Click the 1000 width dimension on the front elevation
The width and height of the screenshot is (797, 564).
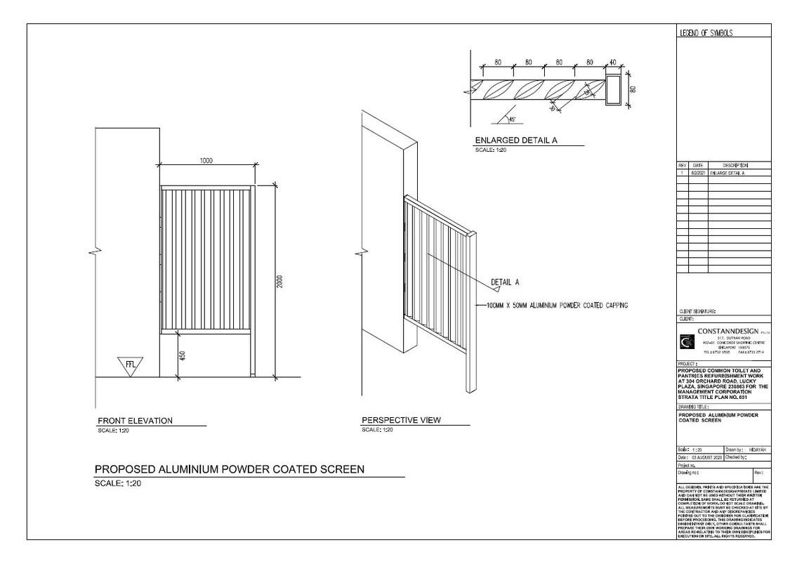coord(206,161)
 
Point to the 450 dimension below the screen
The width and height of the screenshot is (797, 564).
coord(183,355)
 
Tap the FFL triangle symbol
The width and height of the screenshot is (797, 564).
coord(131,365)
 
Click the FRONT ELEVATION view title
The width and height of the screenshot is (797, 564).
coord(135,421)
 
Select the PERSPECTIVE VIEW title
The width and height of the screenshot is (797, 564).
coord(401,420)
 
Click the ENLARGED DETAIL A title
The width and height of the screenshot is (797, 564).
coord(516,140)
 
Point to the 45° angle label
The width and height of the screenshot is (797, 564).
coord(511,119)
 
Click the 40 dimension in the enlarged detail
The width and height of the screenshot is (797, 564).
coord(612,63)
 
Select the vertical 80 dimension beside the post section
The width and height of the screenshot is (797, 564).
coord(633,89)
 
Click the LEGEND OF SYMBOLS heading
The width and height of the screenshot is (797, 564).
coord(706,32)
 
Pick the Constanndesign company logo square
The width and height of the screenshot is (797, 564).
coord(686,342)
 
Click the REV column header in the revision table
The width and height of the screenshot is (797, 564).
coord(682,165)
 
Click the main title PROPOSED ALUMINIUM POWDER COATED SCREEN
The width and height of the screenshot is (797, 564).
coord(230,469)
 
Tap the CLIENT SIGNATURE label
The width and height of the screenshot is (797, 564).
coord(696,310)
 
